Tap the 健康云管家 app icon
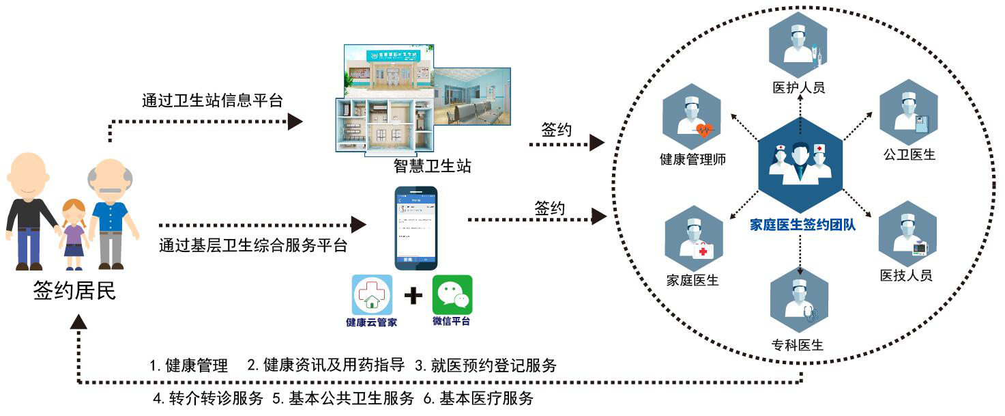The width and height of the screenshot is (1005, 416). [372, 294]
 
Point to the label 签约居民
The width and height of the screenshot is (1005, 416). [75, 291]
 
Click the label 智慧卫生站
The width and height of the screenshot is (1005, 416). [432, 165]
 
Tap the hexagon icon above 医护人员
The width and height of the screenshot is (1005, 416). [798, 40]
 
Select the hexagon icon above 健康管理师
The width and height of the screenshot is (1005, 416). [692, 112]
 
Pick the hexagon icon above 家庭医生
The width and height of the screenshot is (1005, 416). [693, 236]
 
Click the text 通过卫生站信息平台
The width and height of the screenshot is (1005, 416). [212, 101]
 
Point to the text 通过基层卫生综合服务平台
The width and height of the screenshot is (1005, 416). [253, 245]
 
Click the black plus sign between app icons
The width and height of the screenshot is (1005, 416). [413, 295]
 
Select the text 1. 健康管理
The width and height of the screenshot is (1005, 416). [189, 365]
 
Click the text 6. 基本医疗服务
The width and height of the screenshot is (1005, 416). [478, 398]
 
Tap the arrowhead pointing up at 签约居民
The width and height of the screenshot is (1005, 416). [81, 322]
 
